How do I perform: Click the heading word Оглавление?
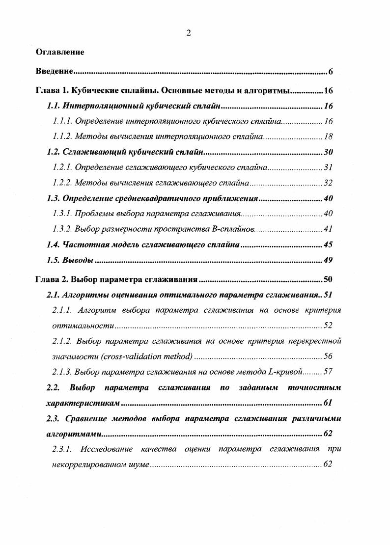(60, 52)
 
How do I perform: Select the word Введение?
(55, 72)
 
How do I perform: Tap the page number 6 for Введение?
(331, 72)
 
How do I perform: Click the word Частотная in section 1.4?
(81, 245)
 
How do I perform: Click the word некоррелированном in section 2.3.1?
(89, 464)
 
